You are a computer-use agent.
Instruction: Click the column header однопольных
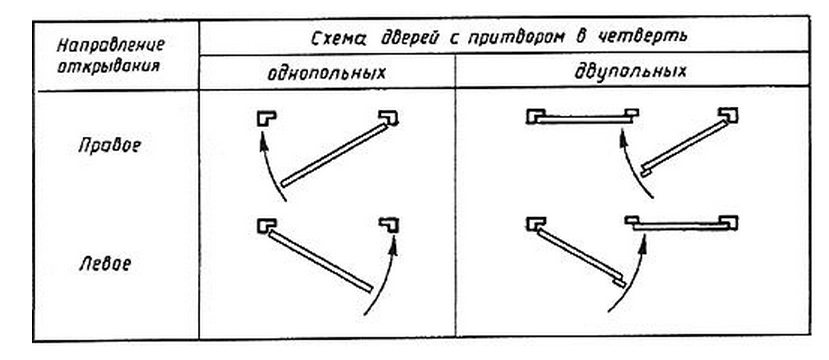326,74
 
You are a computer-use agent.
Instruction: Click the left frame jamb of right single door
265,118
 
